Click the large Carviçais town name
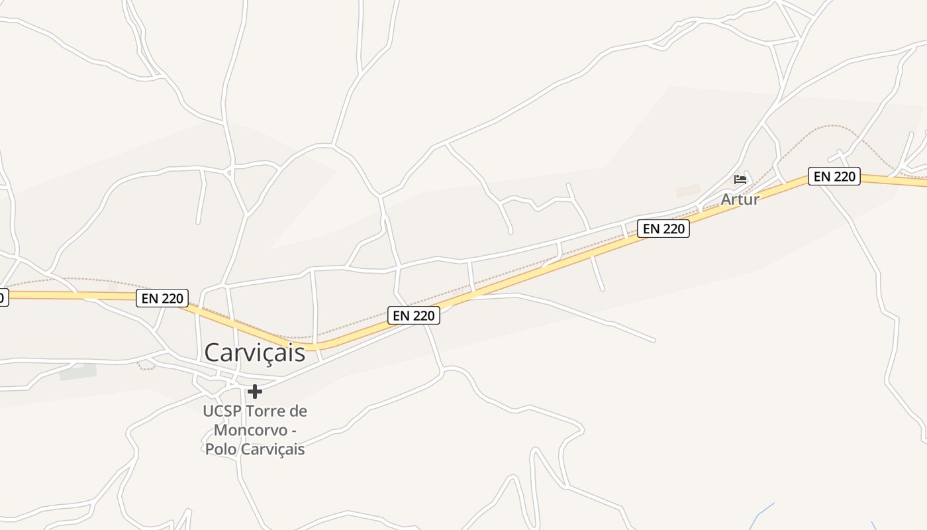point(254,352)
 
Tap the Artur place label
point(740,199)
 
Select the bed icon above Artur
point(740,179)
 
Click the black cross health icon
point(254,392)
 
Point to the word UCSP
point(222,411)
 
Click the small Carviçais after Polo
point(273,449)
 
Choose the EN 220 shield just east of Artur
point(834,177)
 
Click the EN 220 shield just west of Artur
point(663,229)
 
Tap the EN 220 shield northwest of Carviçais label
point(162,298)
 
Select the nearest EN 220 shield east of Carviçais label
point(414,316)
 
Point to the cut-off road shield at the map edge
point(3,297)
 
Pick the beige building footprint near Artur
point(687,191)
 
